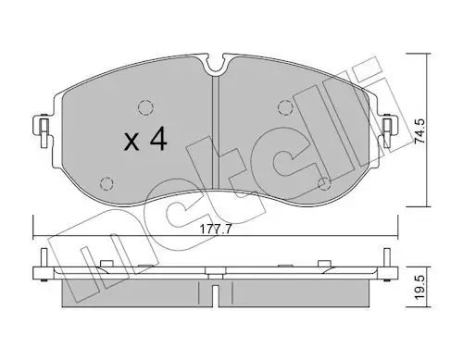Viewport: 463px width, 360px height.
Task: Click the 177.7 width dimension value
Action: pos(216,230)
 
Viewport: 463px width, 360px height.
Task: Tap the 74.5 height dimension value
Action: pos(419,130)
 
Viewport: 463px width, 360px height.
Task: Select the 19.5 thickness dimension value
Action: pos(419,289)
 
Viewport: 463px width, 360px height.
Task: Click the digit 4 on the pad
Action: pos(157,140)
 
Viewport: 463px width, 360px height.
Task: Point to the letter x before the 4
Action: pos(131,143)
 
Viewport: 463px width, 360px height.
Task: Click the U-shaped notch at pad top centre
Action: pos(215,66)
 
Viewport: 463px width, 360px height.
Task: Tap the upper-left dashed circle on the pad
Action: pos(145,108)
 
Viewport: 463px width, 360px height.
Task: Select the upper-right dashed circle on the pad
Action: pos(285,107)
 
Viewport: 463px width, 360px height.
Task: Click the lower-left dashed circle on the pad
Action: pos(106,184)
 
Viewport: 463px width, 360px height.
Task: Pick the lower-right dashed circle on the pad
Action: pos(324,184)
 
